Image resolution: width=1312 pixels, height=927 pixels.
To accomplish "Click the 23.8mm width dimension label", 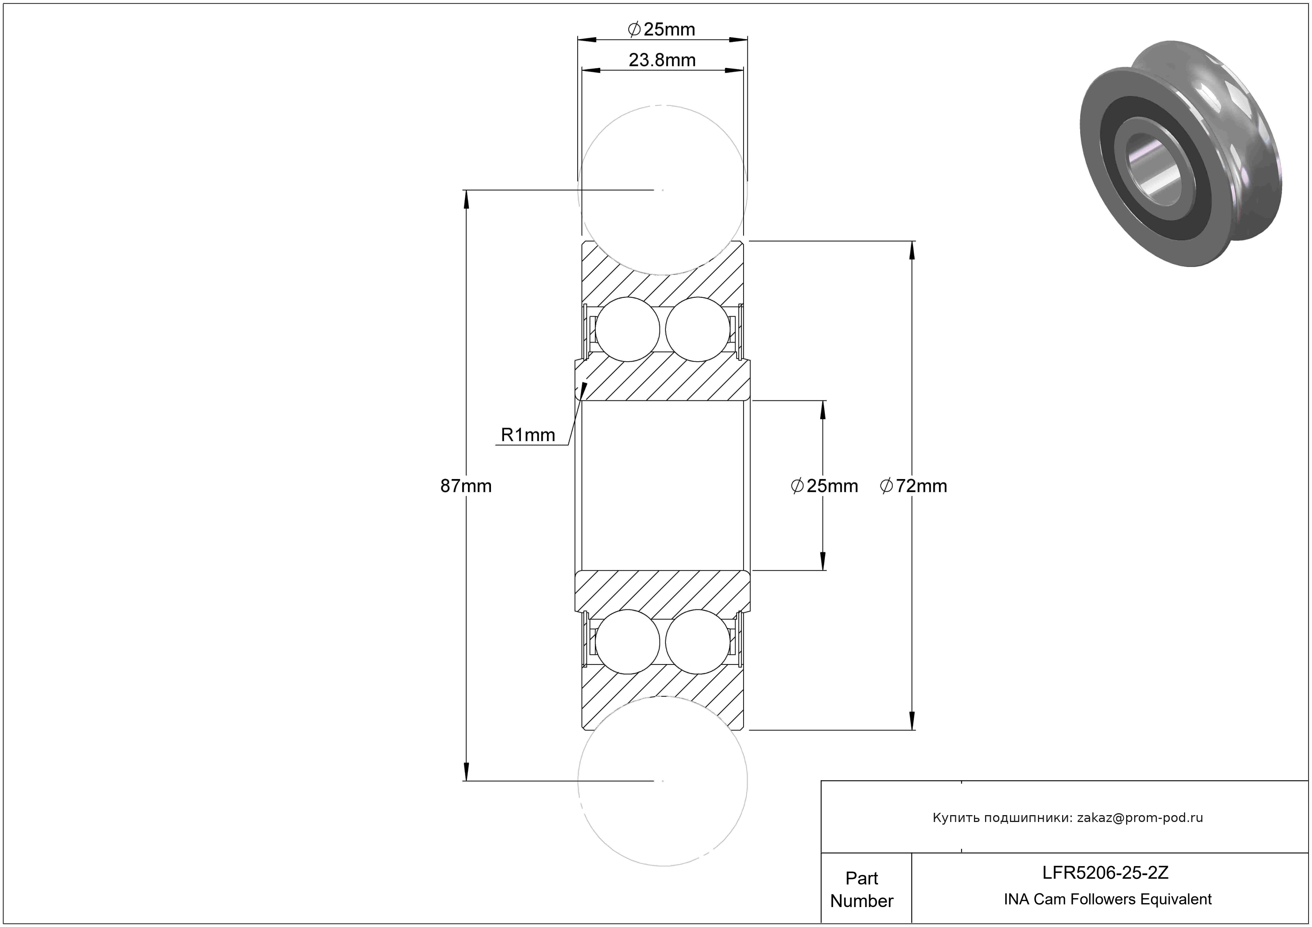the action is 662,60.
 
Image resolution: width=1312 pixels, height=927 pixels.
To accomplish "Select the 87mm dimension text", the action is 466,486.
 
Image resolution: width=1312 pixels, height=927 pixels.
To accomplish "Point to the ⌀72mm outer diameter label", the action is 913,486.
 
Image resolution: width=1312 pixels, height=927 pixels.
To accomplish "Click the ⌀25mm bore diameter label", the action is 824,486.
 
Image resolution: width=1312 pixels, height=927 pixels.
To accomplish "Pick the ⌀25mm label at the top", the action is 661,29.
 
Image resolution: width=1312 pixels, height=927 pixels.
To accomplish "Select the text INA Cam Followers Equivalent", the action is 1107,899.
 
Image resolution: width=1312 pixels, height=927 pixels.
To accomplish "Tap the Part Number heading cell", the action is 862,889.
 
